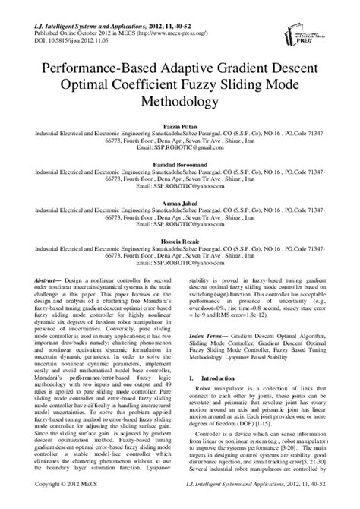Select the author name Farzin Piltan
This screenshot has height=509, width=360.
(x=180, y=122)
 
